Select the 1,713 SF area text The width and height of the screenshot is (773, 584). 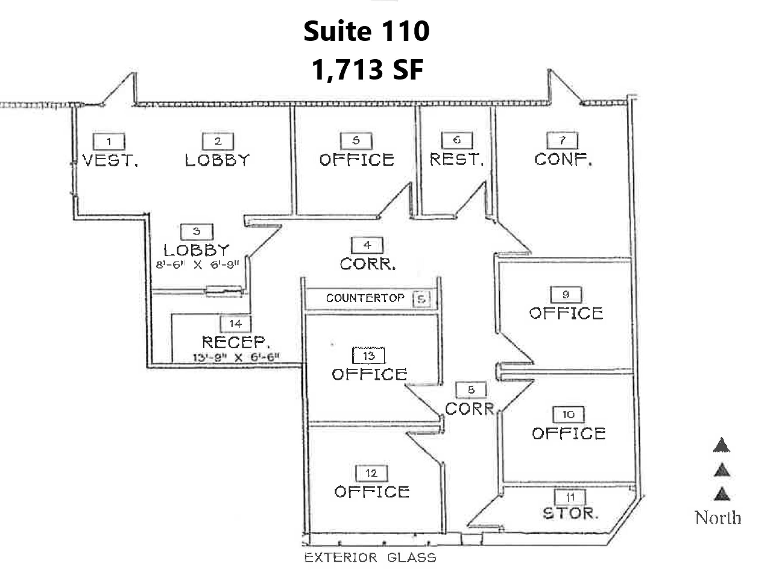point(367,70)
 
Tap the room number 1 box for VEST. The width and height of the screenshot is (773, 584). point(109,141)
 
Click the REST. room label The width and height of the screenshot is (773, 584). point(456,160)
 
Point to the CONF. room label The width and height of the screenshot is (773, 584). point(563,160)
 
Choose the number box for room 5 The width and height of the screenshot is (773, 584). point(356,140)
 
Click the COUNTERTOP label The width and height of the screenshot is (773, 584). point(365,298)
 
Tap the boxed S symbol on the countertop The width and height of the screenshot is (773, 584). point(421,299)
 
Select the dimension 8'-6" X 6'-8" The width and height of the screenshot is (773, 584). point(197,265)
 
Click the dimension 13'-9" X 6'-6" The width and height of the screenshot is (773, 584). point(236,357)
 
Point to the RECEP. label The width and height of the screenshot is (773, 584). point(236,342)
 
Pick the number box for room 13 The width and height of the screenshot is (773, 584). point(369,356)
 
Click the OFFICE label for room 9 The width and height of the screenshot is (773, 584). point(566,313)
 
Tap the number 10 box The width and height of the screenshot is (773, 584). point(568,415)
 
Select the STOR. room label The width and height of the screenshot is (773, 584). point(570,513)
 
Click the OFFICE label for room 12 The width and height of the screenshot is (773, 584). point(372,492)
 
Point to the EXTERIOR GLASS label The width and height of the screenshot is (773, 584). point(370,557)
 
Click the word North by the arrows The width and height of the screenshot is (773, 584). point(718,517)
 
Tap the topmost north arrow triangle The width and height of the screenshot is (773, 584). point(722,445)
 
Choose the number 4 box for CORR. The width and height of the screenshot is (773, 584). point(367,245)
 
